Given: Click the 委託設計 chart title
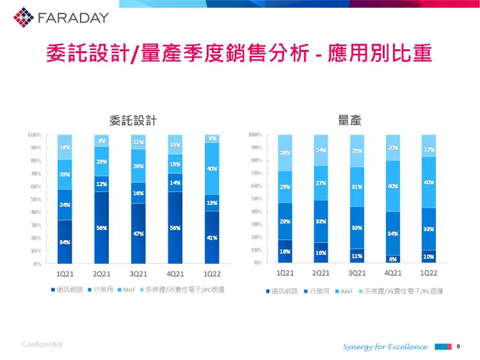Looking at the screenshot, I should click(x=133, y=119).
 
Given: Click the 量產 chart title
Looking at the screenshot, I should click(x=350, y=119).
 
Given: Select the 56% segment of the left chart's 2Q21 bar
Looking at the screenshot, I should click(x=102, y=228).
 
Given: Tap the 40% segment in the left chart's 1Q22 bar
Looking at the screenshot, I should click(x=212, y=169).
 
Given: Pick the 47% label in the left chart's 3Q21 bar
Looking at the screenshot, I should click(x=138, y=234).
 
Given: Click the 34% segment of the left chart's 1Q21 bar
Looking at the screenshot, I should click(x=65, y=242).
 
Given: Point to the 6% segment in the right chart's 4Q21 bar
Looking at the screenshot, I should click(x=393, y=259).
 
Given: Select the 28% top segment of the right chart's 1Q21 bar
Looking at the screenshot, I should click(x=285, y=153).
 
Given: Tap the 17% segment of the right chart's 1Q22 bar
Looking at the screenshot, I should click(x=429, y=149).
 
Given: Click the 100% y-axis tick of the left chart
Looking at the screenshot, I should click(x=34, y=135).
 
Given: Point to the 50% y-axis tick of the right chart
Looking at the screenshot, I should click(x=256, y=198).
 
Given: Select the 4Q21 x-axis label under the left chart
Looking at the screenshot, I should click(x=174, y=274).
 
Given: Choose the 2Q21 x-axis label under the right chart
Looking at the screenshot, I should click(x=321, y=273).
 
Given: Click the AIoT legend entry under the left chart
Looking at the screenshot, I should click(x=128, y=289).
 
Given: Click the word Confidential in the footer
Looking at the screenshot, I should click(x=42, y=344).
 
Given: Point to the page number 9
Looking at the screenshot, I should click(x=459, y=346).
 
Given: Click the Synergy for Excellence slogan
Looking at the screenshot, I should click(x=385, y=346).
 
